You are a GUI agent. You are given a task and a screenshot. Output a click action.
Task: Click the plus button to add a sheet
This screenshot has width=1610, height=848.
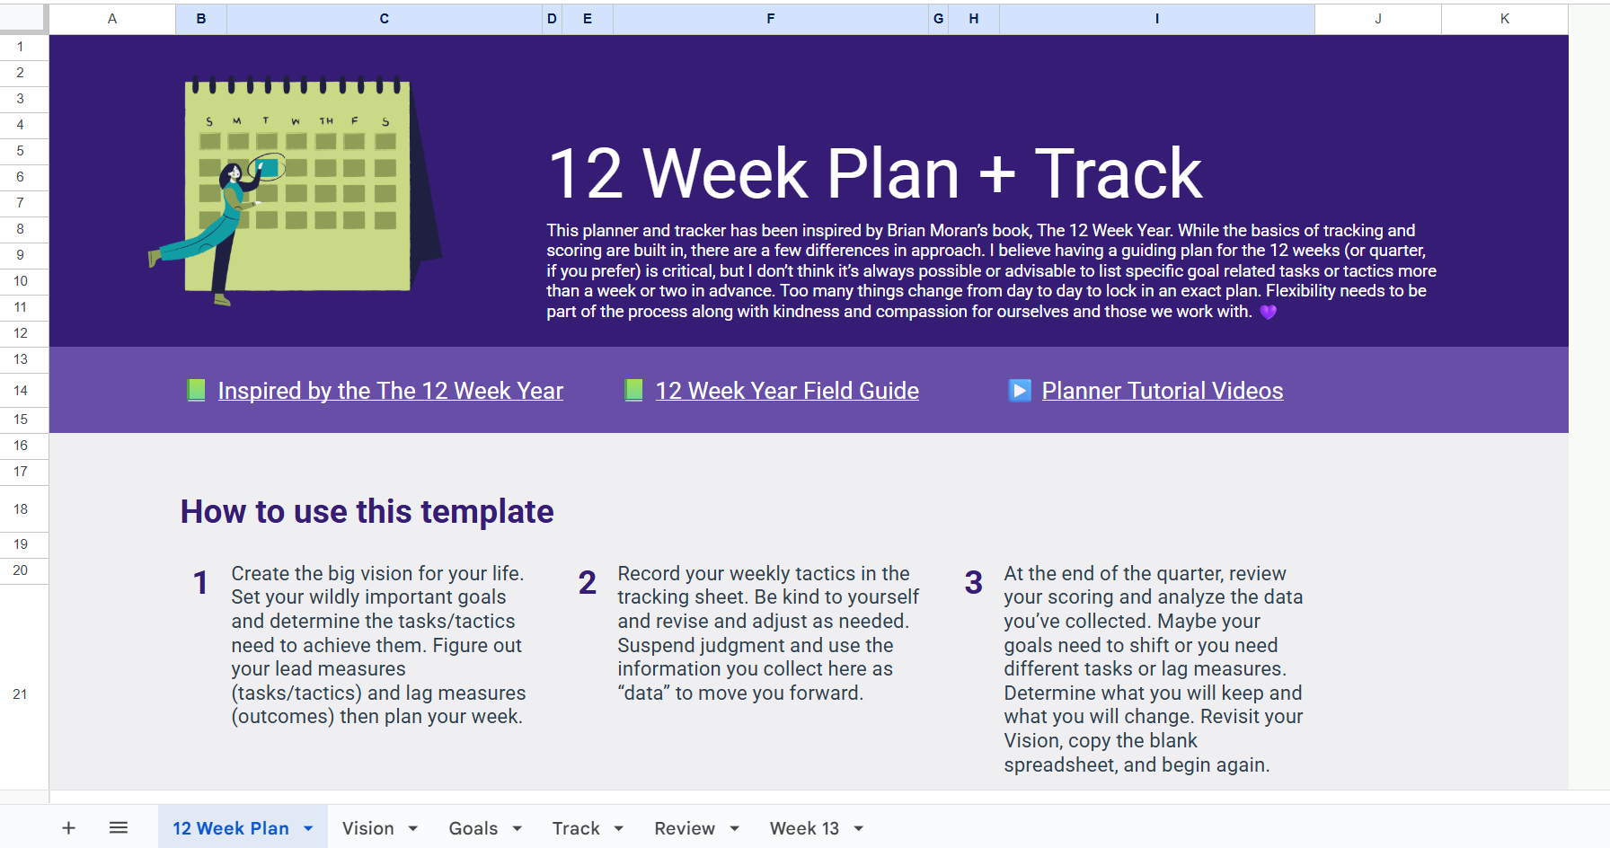pos(68,827)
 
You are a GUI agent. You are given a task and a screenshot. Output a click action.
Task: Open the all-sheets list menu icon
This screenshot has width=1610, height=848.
pos(119,827)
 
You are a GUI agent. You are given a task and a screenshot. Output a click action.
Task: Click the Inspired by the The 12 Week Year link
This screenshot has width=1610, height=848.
pos(391,391)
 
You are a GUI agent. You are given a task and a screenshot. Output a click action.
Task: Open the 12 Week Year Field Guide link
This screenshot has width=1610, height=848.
pos(787,391)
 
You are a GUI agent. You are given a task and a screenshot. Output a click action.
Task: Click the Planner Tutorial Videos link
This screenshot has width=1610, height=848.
pos(1163,391)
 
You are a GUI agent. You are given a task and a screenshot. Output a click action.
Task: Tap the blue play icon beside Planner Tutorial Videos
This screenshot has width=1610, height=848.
pos(1020,391)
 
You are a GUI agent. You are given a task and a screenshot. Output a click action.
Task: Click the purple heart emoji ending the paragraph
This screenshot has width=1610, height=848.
pos(1268,312)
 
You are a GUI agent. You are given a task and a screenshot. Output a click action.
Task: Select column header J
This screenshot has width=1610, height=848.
pos(1378,19)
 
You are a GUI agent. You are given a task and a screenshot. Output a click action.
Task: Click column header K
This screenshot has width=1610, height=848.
pos(1505,19)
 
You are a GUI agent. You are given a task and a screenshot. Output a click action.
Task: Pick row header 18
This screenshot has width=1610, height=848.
pos(21,509)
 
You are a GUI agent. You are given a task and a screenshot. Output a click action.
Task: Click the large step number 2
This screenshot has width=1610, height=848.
pos(588,583)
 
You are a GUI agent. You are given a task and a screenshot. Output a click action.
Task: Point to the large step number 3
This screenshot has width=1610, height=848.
pos(974,583)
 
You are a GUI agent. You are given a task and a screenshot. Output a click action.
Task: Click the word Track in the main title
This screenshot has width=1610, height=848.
pos(1118,173)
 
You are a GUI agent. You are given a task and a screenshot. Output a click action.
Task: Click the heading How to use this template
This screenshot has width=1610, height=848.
pos(367,511)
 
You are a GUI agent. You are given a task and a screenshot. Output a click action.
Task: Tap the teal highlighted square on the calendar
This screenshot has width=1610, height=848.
pos(267,168)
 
